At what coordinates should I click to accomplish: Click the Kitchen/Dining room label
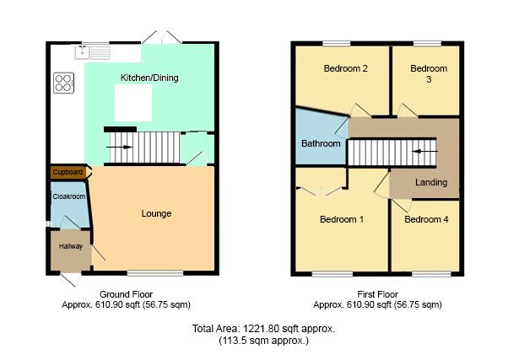pos(149,78)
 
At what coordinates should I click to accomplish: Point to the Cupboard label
pos(68,172)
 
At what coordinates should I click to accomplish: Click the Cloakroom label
pos(69,196)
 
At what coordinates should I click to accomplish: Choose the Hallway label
pos(70,246)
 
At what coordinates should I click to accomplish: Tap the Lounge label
pos(156,213)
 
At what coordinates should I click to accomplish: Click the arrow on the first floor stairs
pos(425,152)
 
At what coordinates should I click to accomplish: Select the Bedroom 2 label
pos(344,69)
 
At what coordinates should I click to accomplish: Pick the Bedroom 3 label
pos(428,74)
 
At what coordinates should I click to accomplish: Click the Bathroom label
pos(322,143)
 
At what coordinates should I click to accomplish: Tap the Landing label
pos(431,182)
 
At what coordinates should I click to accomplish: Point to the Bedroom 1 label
pos(341,219)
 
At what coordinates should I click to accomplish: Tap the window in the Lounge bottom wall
pos(155,272)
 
